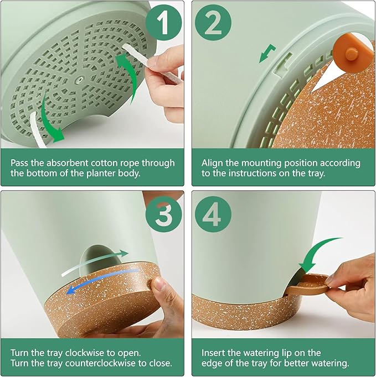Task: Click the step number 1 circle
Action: coord(163,22)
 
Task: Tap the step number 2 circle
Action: coord(213,22)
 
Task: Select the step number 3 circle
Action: coord(163,214)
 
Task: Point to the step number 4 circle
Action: coord(213,214)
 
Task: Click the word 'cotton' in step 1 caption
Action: coord(104,163)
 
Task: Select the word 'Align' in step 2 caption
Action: coord(212,163)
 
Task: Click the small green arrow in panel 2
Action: coord(267,53)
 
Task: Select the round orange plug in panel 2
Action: coord(351,54)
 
